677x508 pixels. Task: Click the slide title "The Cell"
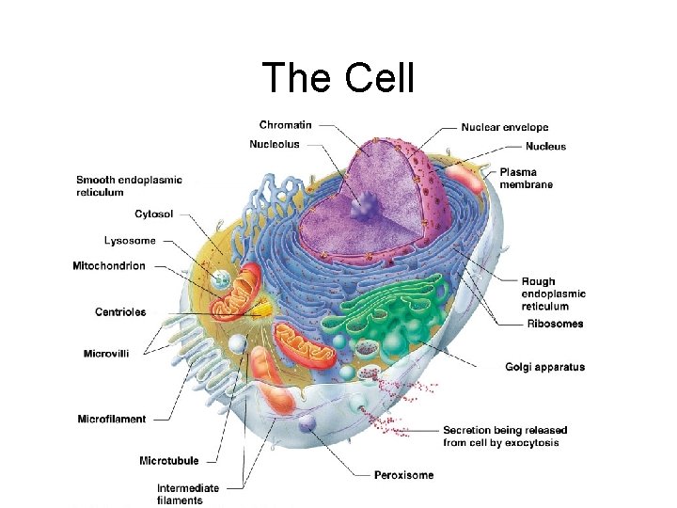tap(338, 77)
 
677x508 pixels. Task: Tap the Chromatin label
tap(286, 125)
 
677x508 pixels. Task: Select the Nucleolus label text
tap(275, 144)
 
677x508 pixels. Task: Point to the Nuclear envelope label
tap(505, 127)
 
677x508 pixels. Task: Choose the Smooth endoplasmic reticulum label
tap(129, 185)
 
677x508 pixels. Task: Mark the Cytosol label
tap(152, 214)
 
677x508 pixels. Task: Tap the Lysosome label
tap(130, 241)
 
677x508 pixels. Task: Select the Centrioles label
tap(120, 312)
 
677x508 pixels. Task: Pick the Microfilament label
tap(112, 420)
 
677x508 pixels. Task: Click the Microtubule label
tap(168, 461)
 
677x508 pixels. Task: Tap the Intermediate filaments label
tap(188, 494)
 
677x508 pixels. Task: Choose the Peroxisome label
tap(404, 475)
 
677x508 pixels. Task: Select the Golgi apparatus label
tap(544, 367)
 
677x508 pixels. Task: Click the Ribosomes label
tap(555, 325)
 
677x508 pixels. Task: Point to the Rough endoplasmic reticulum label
tap(553, 294)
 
